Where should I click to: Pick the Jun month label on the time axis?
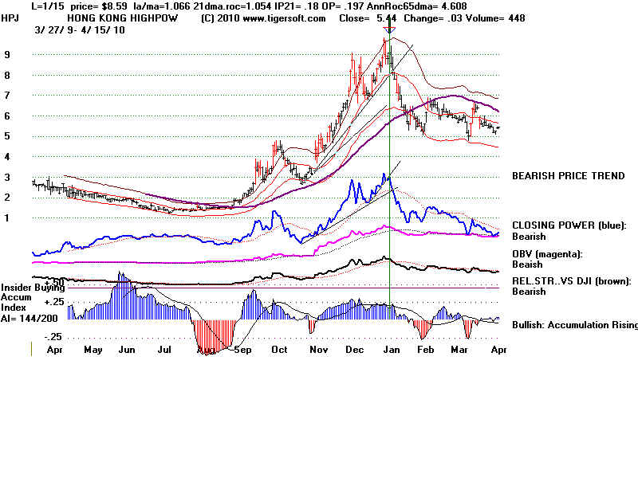[126, 349]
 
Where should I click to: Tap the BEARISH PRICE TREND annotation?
[569, 176]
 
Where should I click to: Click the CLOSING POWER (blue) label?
[569, 225]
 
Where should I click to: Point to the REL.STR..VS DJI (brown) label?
[571, 280]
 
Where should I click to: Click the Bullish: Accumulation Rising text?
[574, 324]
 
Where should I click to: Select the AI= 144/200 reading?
[28, 316]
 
